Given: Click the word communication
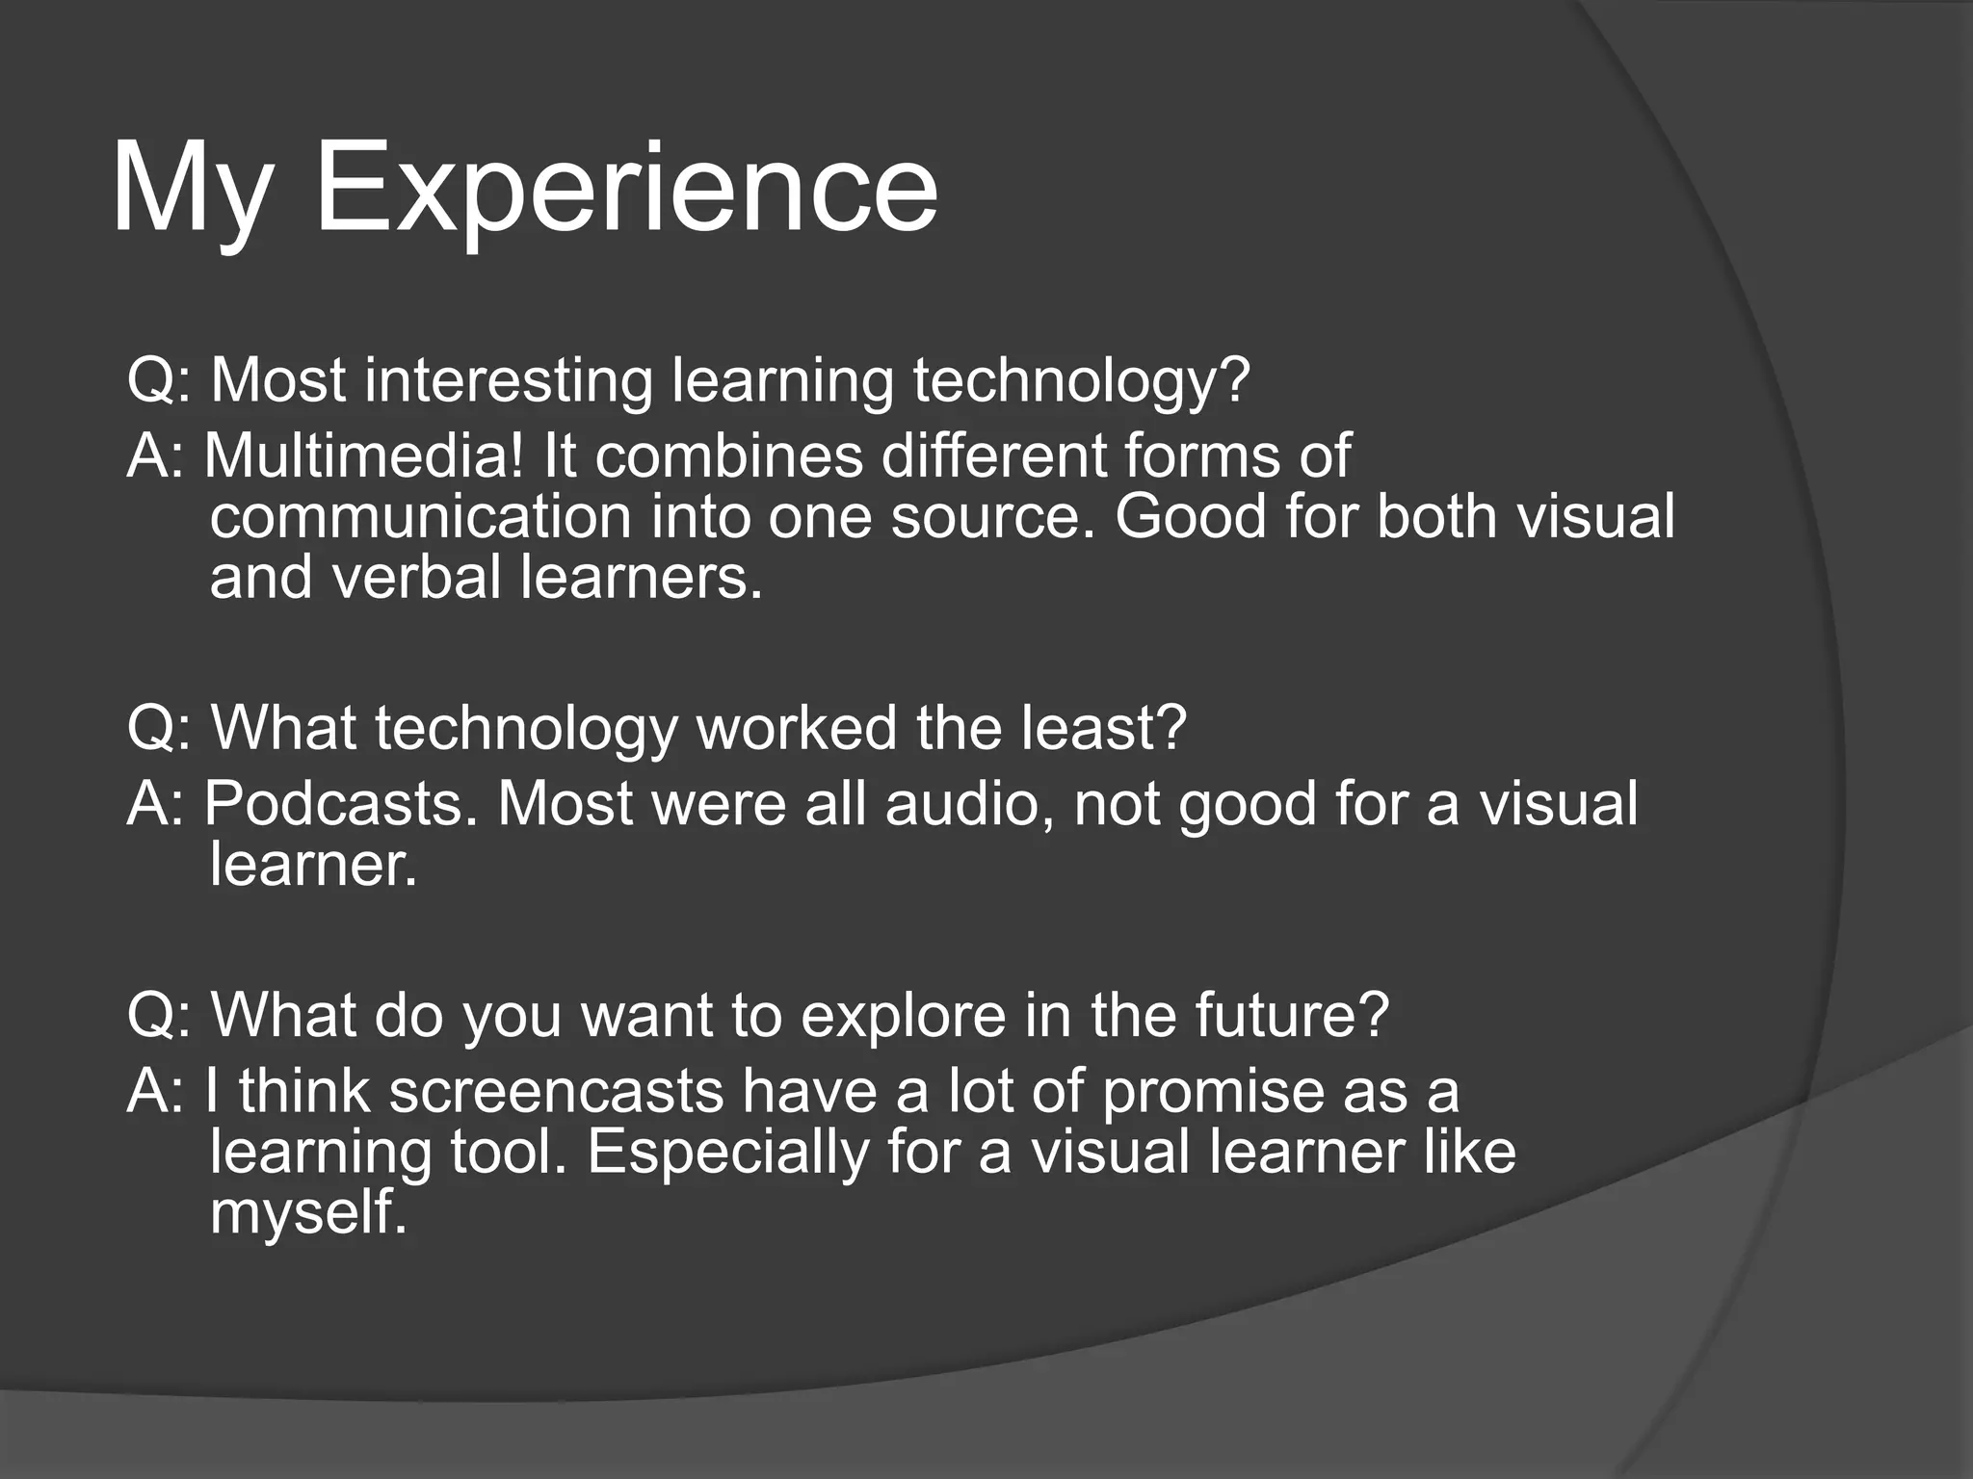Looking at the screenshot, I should (421, 517).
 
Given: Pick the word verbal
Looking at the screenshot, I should (417, 578).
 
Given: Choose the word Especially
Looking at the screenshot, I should (727, 1152).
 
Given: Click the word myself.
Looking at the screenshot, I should (308, 1213).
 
